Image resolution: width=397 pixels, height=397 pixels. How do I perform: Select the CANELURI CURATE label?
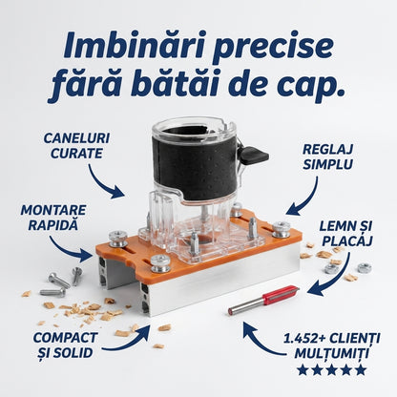pyautogui.click(x=76, y=146)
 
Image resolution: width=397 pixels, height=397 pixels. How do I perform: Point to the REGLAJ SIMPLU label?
pyautogui.click(x=327, y=157)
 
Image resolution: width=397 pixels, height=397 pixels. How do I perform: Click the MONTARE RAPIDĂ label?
pyautogui.click(x=53, y=218)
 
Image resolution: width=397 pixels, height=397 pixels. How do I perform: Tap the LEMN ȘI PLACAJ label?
pyautogui.click(x=345, y=234)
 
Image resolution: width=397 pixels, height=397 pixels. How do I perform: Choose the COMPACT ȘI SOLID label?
pyautogui.click(x=65, y=345)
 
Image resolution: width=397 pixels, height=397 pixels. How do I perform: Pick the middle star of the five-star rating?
pyautogui.click(x=332, y=370)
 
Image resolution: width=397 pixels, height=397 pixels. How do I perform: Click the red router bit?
pyautogui.click(x=264, y=300)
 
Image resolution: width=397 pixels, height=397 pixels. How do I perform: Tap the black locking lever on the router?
pyautogui.click(x=254, y=156)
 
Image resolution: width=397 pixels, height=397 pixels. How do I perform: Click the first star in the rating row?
pyautogui.click(x=303, y=370)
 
